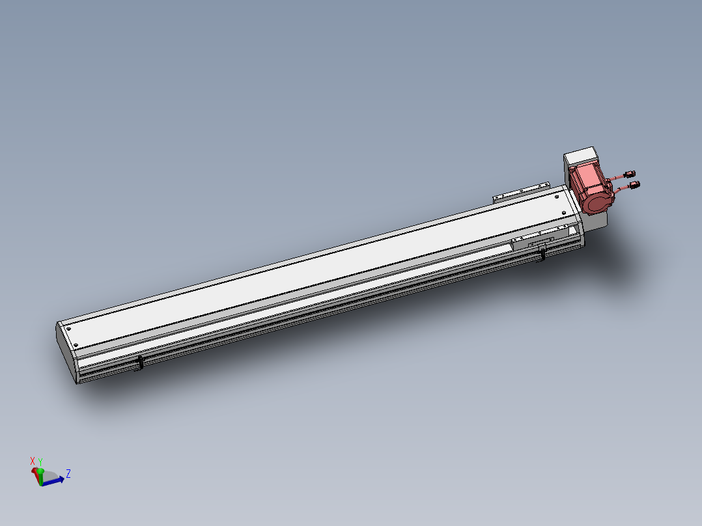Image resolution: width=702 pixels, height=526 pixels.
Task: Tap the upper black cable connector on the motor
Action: pyautogui.click(x=630, y=174)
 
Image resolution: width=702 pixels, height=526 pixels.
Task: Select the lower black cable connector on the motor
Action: pyautogui.click(x=634, y=184)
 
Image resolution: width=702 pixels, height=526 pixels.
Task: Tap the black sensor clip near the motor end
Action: pyautogui.click(x=542, y=254)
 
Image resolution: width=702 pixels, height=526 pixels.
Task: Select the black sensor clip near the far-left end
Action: pyautogui.click(x=139, y=363)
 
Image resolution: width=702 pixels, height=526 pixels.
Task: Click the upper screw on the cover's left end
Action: pyautogui.click(x=68, y=329)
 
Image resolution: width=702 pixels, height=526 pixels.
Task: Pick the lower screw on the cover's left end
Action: pyautogui.click(x=76, y=344)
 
